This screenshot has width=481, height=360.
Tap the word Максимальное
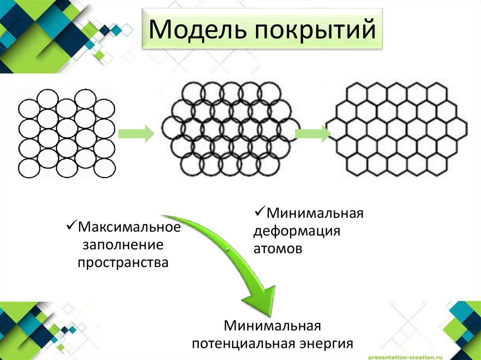(x=129, y=227)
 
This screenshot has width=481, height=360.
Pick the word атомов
(x=278, y=248)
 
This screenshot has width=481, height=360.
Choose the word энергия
(x=326, y=344)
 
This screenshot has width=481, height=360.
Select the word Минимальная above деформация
(x=315, y=214)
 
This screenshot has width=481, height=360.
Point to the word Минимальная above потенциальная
(x=272, y=325)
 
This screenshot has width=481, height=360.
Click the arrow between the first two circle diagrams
(x=136, y=133)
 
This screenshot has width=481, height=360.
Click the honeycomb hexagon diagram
(x=397, y=129)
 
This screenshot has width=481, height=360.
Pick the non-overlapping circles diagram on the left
(x=66, y=133)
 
